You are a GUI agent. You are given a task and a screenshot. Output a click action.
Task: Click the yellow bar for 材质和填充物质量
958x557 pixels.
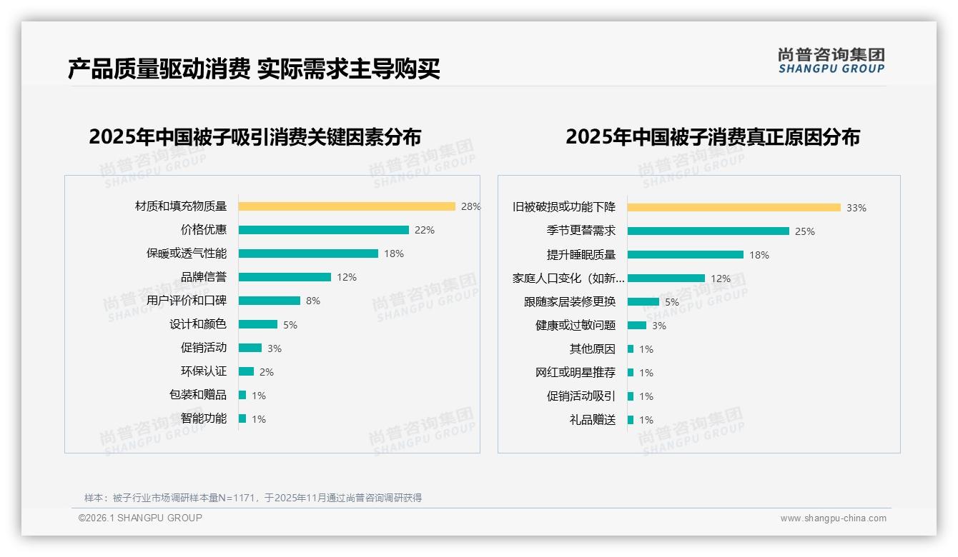[x=347, y=206]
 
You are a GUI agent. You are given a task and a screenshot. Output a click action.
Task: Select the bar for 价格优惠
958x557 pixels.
[x=323, y=230]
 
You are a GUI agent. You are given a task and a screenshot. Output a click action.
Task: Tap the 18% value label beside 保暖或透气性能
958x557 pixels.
[x=394, y=254]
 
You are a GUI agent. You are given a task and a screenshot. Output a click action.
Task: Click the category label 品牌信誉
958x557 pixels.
[x=204, y=277]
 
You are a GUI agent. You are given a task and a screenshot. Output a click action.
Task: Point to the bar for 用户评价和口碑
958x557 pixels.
[x=270, y=301]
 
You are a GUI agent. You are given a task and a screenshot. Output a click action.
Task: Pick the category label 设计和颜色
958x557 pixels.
[x=198, y=324]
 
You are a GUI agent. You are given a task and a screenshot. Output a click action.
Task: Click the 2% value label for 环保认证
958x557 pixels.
[x=267, y=371]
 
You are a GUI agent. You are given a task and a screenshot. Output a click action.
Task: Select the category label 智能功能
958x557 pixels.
[x=204, y=418]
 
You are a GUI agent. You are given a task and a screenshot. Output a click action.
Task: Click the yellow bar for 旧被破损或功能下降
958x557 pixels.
[x=734, y=208]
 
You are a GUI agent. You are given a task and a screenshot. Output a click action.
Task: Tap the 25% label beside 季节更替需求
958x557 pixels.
[x=805, y=231]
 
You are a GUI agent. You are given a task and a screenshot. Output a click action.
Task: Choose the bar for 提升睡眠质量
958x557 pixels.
[x=686, y=255]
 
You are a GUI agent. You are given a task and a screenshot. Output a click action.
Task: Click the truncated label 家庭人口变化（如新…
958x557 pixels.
[x=568, y=278]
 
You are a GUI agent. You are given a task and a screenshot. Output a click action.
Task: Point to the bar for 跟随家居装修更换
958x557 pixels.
[x=643, y=302]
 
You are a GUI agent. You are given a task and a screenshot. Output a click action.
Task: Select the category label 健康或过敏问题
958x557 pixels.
[x=576, y=326]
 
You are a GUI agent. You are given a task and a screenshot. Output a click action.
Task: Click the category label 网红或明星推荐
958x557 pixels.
[x=576, y=373]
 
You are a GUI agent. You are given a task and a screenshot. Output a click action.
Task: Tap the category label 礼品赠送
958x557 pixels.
[x=593, y=420]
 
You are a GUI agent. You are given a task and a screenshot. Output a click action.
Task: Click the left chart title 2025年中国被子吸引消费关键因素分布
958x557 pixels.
[x=255, y=136]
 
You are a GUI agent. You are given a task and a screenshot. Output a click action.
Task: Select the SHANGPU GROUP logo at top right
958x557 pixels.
[x=831, y=61]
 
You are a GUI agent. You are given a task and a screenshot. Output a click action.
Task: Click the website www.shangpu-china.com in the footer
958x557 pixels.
[x=833, y=518]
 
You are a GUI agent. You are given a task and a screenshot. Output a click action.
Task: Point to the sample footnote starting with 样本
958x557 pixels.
[x=253, y=498]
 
